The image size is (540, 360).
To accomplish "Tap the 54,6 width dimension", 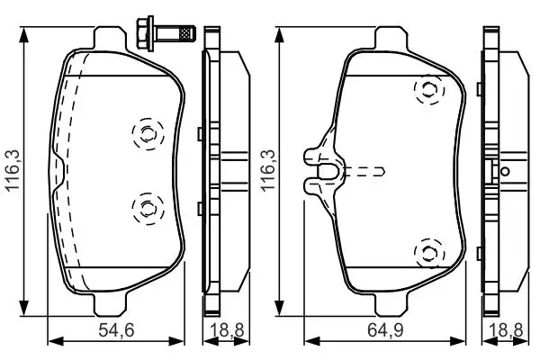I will (115, 332).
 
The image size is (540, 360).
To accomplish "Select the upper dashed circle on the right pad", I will (427, 89).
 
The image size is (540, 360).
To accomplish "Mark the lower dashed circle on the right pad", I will (427, 253).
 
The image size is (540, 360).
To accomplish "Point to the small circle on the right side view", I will (505, 170).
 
